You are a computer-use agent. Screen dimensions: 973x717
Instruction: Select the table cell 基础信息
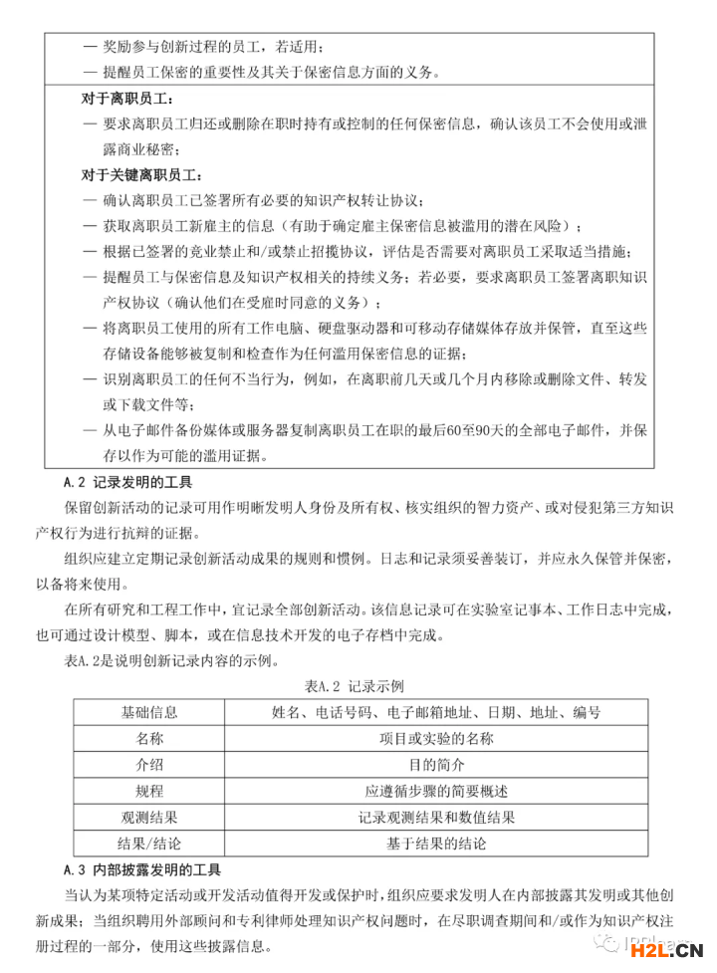pos(149,713)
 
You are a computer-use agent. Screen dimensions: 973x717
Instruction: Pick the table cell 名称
pos(149,739)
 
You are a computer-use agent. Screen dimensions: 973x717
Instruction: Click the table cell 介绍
pos(149,765)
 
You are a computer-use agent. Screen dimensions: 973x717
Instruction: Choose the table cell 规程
pos(149,792)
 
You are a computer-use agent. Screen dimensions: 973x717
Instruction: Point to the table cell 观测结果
pos(149,818)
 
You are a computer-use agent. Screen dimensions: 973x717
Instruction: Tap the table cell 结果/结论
pos(149,844)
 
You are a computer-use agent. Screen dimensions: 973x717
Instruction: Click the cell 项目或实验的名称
pos(436,739)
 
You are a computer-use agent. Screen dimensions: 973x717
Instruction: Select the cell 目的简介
pos(436,765)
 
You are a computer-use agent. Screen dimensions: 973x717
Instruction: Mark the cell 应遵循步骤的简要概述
pos(436,792)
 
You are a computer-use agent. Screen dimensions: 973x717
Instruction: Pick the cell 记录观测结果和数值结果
pos(436,818)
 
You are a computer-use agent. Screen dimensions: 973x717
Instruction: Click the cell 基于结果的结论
pos(436,844)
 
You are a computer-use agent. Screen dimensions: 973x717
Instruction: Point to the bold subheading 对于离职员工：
pos(127,100)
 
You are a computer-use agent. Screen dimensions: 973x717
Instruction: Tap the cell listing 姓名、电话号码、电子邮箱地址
pos(436,713)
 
